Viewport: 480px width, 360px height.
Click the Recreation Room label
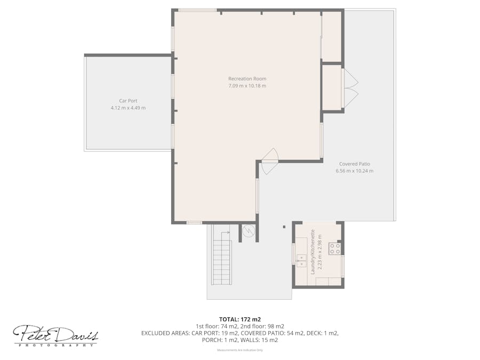pos(247,79)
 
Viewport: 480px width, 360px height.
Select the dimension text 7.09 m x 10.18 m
pos(247,86)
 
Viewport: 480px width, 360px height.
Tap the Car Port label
pos(128,100)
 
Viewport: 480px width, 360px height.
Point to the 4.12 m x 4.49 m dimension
pos(128,108)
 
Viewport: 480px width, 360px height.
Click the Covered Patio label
pos(354,164)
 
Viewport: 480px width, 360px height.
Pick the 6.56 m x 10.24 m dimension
pos(354,171)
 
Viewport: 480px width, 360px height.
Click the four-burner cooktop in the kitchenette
pos(334,248)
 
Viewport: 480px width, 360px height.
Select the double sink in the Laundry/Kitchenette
pos(301,261)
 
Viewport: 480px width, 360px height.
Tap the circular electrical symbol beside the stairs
pos(248,231)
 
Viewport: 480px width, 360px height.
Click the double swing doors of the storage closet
pos(350,88)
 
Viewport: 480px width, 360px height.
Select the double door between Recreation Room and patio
pos(270,161)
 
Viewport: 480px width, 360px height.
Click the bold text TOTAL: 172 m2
pos(239,319)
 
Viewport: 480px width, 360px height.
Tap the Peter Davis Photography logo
pos(55,336)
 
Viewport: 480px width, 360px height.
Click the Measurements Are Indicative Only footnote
pos(239,350)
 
